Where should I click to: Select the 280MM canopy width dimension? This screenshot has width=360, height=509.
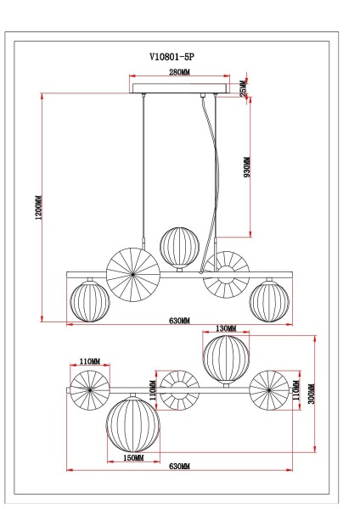pyautogui.click(x=178, y=74)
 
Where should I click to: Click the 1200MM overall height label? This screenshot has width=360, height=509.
pyautogui.click(x=39, y=209)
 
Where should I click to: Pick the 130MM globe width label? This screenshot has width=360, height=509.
pyautogui.click(x=226, y=327)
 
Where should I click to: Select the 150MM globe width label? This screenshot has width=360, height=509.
pyautogui.click(x=132, y=457)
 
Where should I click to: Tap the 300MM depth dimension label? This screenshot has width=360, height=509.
pyautogui.click(x=312, y=393)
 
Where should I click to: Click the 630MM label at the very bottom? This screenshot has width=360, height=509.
pyautogui.click(x=179, y=467)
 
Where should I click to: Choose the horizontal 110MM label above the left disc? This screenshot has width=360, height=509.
pyautogui.click(x=90, y=361)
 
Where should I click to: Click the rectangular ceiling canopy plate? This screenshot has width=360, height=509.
pyautogui.click(x=179, y=87)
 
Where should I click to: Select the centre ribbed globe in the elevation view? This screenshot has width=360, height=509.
pyautogui.click(x=179, y=246)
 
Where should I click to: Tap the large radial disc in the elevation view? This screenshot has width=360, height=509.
pyautogui.click(x=132, y=272)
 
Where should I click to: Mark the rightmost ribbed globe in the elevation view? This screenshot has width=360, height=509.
pyautogui.click(x=268, y=301)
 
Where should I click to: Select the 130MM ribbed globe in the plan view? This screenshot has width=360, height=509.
pyautogui.click(x=226, y=359)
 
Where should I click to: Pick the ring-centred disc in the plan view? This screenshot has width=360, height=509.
pyautogui.click(x=179, y=391)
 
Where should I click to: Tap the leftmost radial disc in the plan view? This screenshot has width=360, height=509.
pyautogui.click(x=91, y=391)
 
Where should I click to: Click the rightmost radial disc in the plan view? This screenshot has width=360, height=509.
pyautogui.click(x=269, y=391)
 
